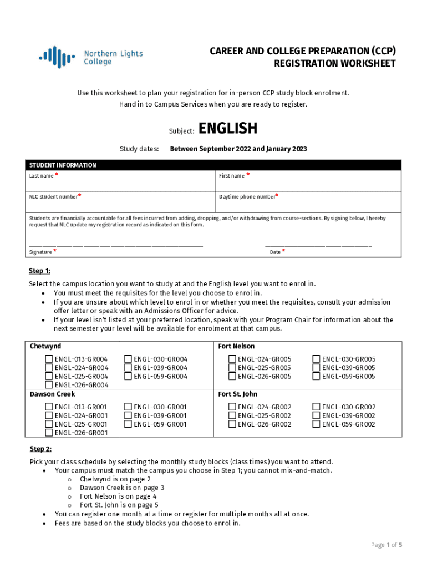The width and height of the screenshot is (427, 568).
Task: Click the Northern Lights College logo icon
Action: (x=57, y=57)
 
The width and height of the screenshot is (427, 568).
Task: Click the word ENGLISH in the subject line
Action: (x=228, y=129)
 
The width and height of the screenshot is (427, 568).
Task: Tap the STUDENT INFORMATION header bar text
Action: (x=63, y=165)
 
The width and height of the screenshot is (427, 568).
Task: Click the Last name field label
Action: (x=42, y=176)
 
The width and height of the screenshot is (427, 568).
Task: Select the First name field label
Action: (x=232, y=176)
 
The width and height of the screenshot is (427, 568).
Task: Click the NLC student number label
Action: (x=54, y=196)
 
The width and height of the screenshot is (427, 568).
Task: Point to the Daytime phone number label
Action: (x=247, y=196)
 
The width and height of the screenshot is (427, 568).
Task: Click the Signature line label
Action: (x=40, y=252)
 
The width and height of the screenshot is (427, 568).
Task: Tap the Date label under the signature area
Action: (x=275, y=252)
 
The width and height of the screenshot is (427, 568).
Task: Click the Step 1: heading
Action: (x=40, y=271)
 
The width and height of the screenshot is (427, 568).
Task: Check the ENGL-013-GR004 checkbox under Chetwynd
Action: (x=49, y=359)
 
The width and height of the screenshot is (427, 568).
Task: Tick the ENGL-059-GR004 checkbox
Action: (x=129, y=377)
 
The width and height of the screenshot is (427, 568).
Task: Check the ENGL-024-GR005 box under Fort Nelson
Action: (x=232, y=359)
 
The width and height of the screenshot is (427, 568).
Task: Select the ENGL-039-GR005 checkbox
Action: (x=317, y=368)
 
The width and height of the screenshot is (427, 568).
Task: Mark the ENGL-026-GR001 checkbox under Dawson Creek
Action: (x=49, y=433)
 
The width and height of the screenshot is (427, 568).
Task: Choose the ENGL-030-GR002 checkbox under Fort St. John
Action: (x=317, y=407)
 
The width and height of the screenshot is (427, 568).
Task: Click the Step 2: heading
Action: (x=40, y=449)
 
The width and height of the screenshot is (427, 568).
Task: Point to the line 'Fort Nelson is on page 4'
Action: (x=118, y=496)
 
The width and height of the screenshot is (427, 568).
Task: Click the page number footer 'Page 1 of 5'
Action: (x=386, y=545)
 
